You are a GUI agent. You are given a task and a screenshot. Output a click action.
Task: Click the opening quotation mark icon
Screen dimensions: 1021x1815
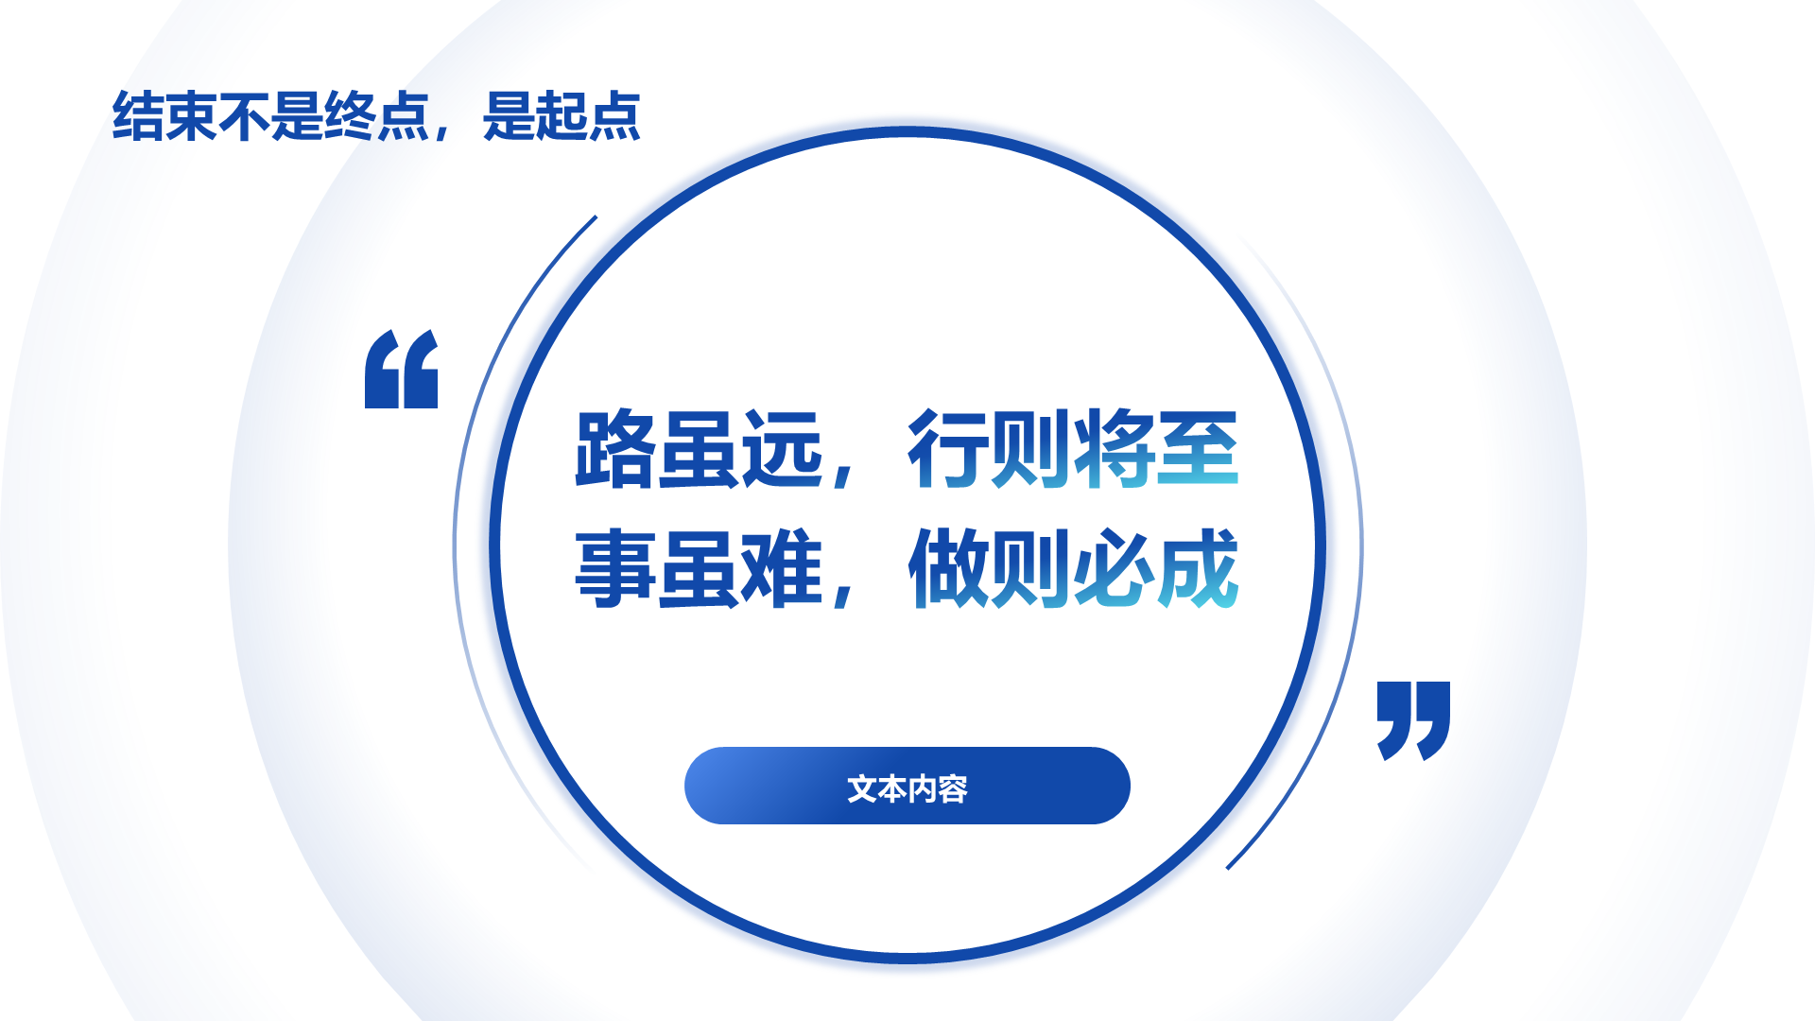click(x=402, y=370)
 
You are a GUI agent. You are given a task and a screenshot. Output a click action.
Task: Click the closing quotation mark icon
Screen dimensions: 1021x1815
click(x=1413, y=720)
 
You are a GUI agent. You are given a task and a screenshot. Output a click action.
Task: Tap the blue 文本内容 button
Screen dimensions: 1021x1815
click(x=907, y=786)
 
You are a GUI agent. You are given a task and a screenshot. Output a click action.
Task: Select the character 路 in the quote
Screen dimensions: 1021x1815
click(x=615, y=450)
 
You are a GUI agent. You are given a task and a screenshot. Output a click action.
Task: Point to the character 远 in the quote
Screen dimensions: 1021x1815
click(x=782, y=450)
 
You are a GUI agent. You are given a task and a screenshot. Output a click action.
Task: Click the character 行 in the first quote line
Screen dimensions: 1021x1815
click(x=948, y=450)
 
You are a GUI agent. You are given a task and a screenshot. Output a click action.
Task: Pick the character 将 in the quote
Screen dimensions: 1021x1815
click(x=1115, y=450)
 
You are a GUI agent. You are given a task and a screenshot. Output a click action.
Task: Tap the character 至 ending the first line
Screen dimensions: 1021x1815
click(x=1198, y=450)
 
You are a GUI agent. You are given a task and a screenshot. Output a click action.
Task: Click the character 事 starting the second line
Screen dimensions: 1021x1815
click(x=615, y=569)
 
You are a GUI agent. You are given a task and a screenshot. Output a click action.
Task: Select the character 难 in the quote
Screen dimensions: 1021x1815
click(x=782, y=569)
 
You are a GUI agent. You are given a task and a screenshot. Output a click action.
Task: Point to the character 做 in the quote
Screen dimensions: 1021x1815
click(x=948, y=569)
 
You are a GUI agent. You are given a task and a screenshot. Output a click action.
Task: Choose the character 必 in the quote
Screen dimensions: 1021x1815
click(x=1115, y=569)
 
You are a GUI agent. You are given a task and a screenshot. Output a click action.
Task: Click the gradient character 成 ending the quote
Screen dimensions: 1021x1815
click(x=1198, y=569)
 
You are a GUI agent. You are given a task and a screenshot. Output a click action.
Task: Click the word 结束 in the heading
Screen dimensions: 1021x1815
click(x=164, y=117)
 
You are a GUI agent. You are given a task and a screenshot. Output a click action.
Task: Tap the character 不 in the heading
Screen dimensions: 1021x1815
click(x=244, y=117)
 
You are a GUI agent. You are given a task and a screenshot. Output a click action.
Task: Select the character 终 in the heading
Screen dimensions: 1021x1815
click(x=350, y=117)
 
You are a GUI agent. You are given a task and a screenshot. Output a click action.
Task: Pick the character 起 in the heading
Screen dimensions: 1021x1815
click(x=562, y=117)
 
